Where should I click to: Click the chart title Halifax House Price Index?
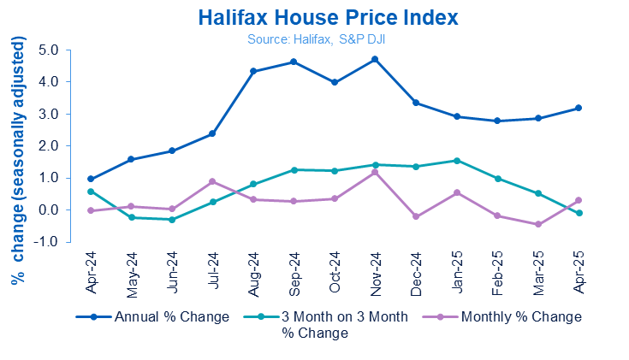click(315, 18)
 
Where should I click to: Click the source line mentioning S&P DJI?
click(315, 38)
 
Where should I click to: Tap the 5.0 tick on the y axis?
click(48, 50)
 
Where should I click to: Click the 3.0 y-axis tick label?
click(48, 114)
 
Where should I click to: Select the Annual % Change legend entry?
click(172, 316)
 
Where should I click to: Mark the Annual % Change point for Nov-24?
click(375, 59)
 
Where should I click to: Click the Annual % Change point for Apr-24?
click(91, 179)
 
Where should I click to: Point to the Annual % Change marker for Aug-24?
click(253, 71)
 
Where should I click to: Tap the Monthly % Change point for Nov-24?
click(375, 172)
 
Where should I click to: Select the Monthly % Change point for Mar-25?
click(537, 225)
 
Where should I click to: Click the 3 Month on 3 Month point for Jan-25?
click(456, 160)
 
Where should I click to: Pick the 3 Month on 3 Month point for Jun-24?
click(172, 220)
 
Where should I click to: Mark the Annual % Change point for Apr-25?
click(579, 108)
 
